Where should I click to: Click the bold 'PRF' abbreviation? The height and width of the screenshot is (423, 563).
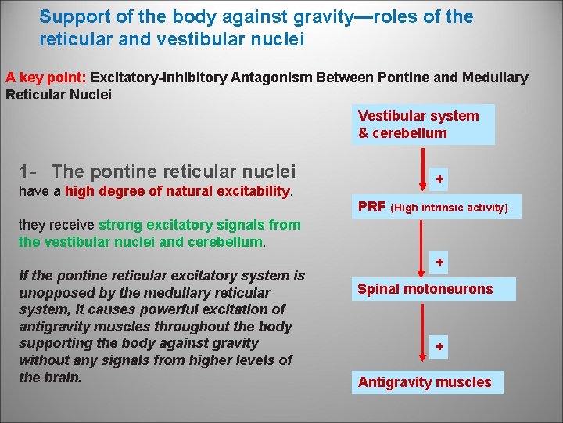point(371,207)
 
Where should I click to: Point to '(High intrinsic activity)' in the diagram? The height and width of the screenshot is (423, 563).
point(450,208)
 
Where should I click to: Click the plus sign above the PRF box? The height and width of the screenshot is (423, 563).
point(440,179)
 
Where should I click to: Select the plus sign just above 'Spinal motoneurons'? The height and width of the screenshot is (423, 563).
point(440,262)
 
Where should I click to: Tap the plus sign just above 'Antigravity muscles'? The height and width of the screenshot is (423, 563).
point(440,346)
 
